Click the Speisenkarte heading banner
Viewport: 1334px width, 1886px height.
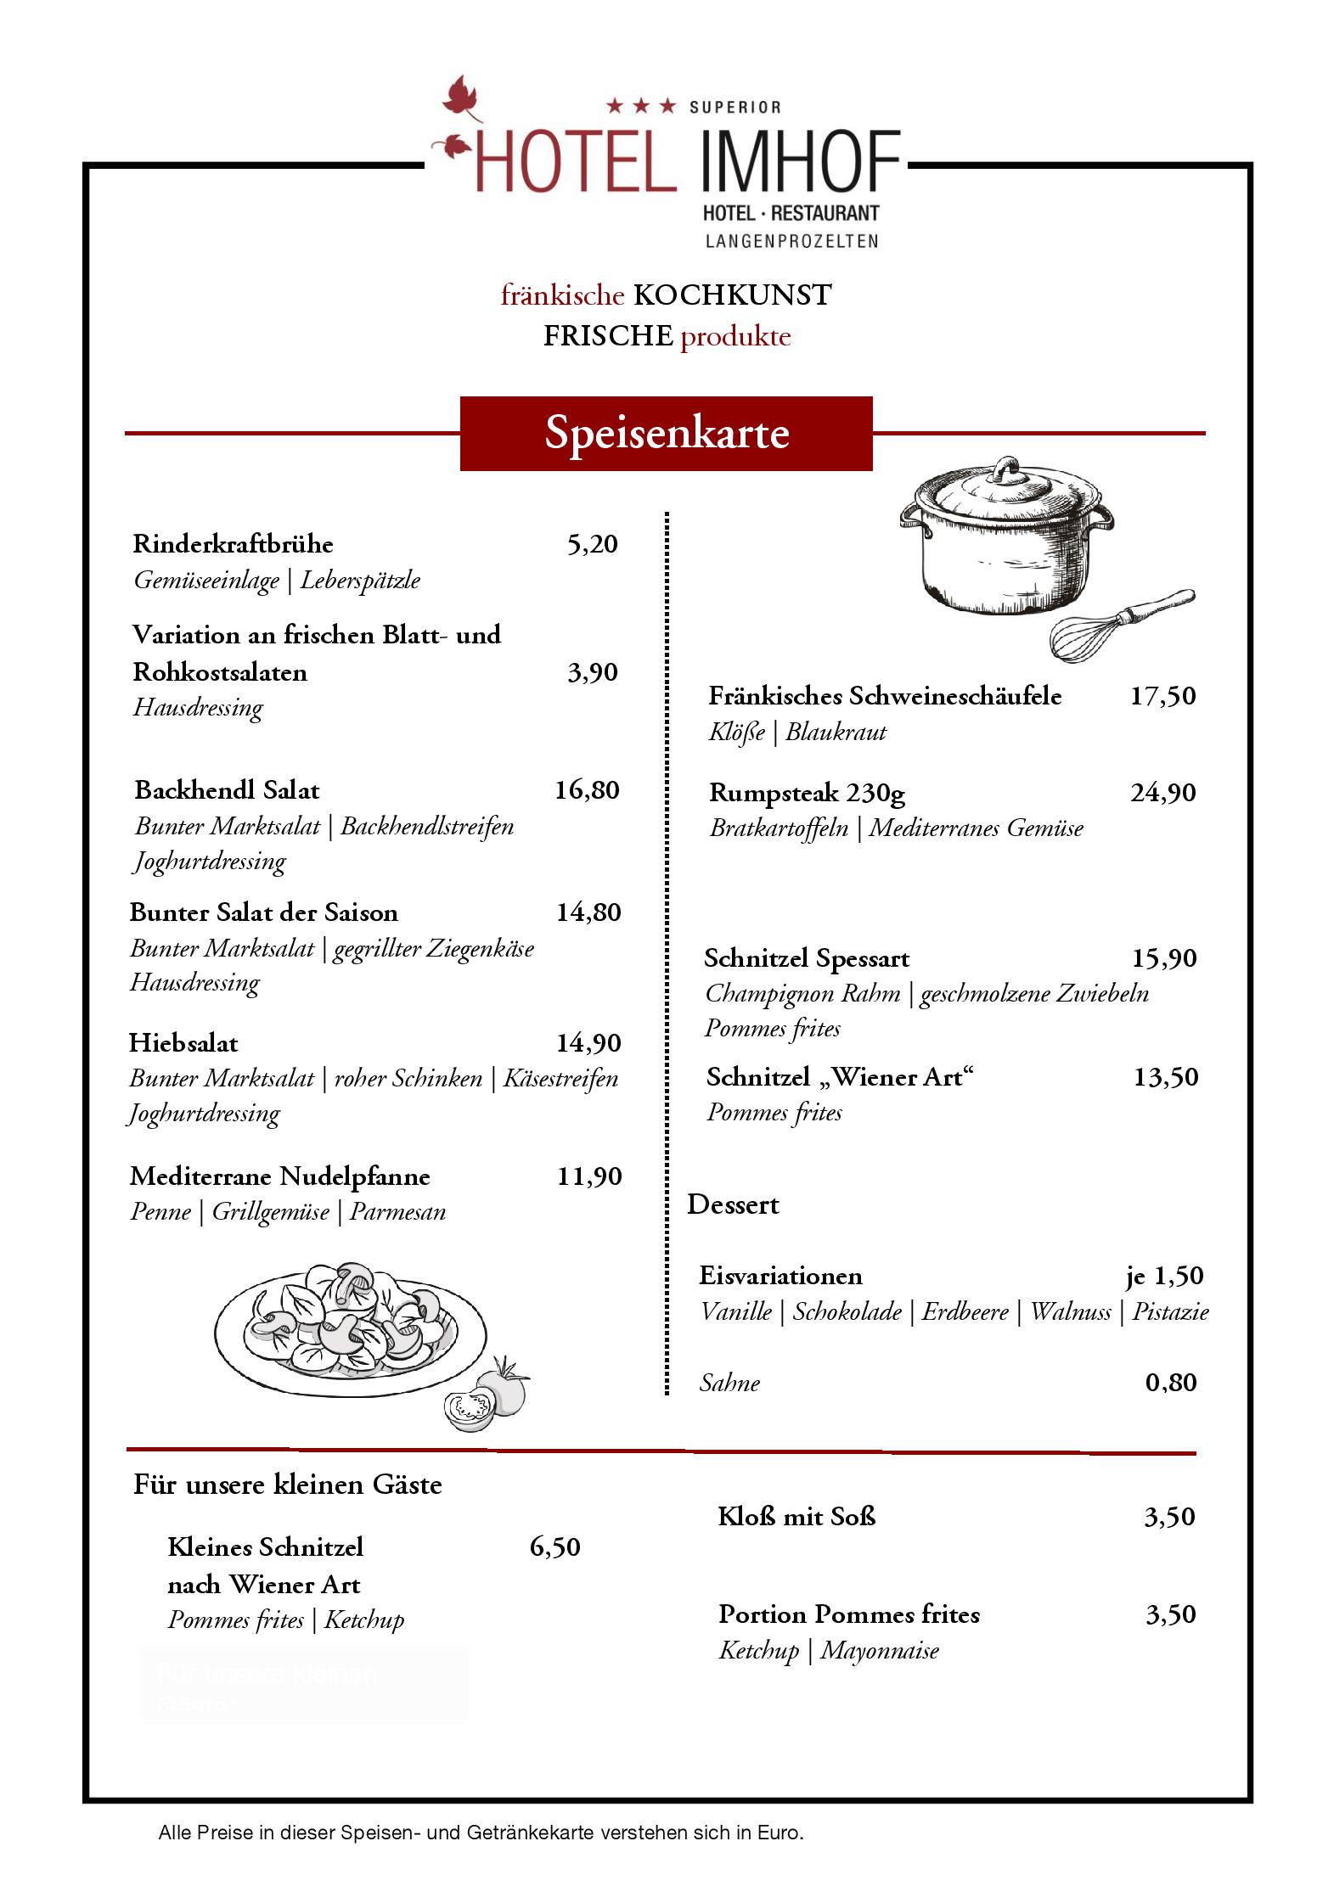pos(666,433)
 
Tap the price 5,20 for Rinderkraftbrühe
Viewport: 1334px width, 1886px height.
pos(592,544)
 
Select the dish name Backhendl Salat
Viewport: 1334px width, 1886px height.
pos(227,790)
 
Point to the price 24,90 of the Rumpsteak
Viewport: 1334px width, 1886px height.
pos(1162,793)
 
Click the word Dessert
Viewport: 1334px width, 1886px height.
pos(733,1204)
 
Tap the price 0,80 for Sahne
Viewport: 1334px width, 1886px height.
pos(1171,1383)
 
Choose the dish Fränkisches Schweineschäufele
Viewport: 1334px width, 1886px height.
pos(885,696)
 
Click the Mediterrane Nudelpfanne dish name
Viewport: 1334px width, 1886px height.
pos(279,1176)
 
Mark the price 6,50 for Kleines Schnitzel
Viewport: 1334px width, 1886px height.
pos(554,1546)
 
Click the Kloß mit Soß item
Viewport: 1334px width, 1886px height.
pos(796,1516)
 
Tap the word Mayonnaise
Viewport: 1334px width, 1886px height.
pos(880,1650)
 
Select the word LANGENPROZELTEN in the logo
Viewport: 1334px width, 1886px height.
pos(791,241)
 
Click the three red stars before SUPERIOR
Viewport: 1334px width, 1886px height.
pos(641,106)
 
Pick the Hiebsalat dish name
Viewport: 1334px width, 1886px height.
pos(183,1043)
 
